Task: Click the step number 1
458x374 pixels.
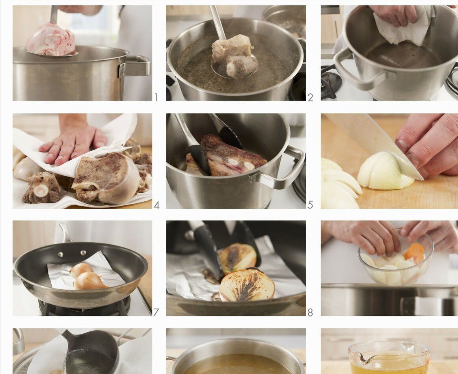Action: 156,97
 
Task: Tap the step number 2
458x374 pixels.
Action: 310,97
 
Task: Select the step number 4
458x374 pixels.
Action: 156,205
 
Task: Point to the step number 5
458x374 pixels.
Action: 310,205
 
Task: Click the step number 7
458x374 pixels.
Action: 156,313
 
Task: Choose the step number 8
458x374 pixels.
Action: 310,313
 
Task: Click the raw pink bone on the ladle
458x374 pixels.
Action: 50,39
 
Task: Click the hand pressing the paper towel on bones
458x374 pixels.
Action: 73,140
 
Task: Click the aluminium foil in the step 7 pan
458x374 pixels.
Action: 88,272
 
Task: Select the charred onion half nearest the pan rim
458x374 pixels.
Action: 247,285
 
